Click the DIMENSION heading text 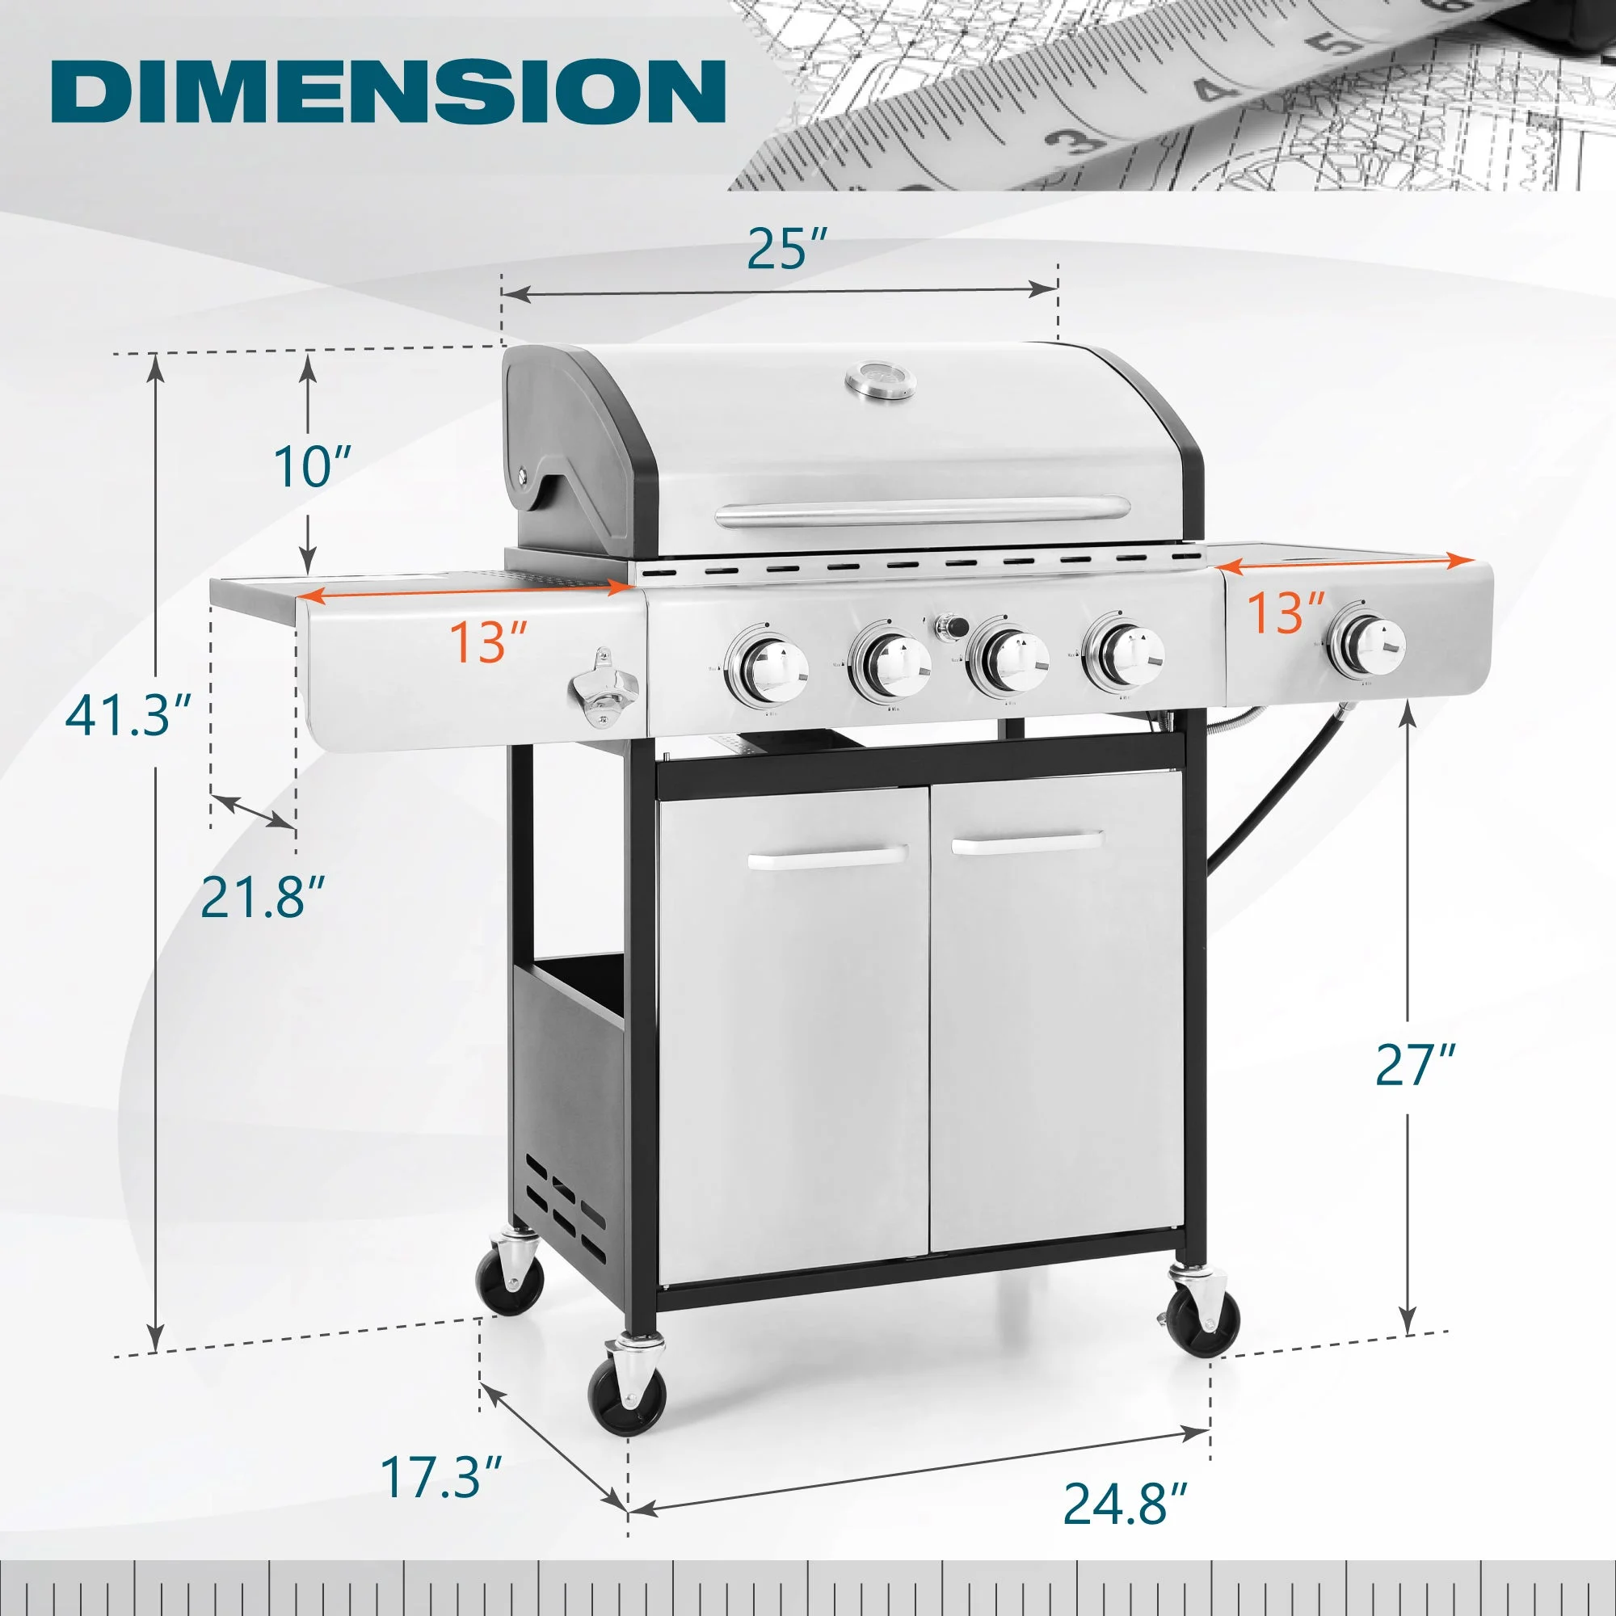[387, 91]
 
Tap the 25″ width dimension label [785, 248]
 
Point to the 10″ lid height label [312, 466]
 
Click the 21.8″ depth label [263, 896]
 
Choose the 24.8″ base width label [1125, 1503]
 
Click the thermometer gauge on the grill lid [880, 379]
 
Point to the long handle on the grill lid [923, 511]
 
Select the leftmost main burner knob [768, 670]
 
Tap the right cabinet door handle [1027, 842]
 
